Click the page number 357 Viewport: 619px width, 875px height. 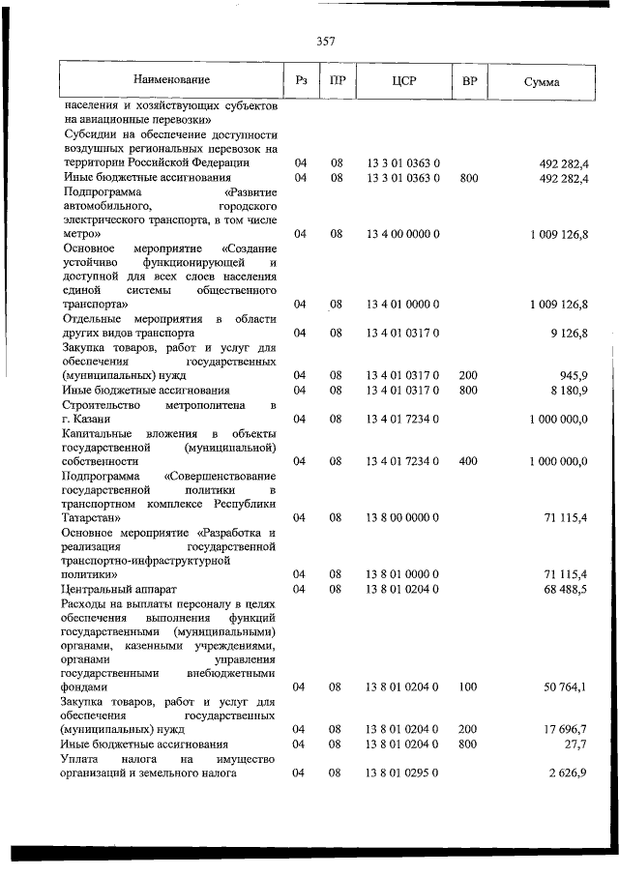[325, 41]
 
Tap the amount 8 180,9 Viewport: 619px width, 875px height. [565, 390]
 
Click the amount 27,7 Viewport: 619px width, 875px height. [575, 744]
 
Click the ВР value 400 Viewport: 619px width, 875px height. [468, 461]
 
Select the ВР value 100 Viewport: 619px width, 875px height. [468, 686]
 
